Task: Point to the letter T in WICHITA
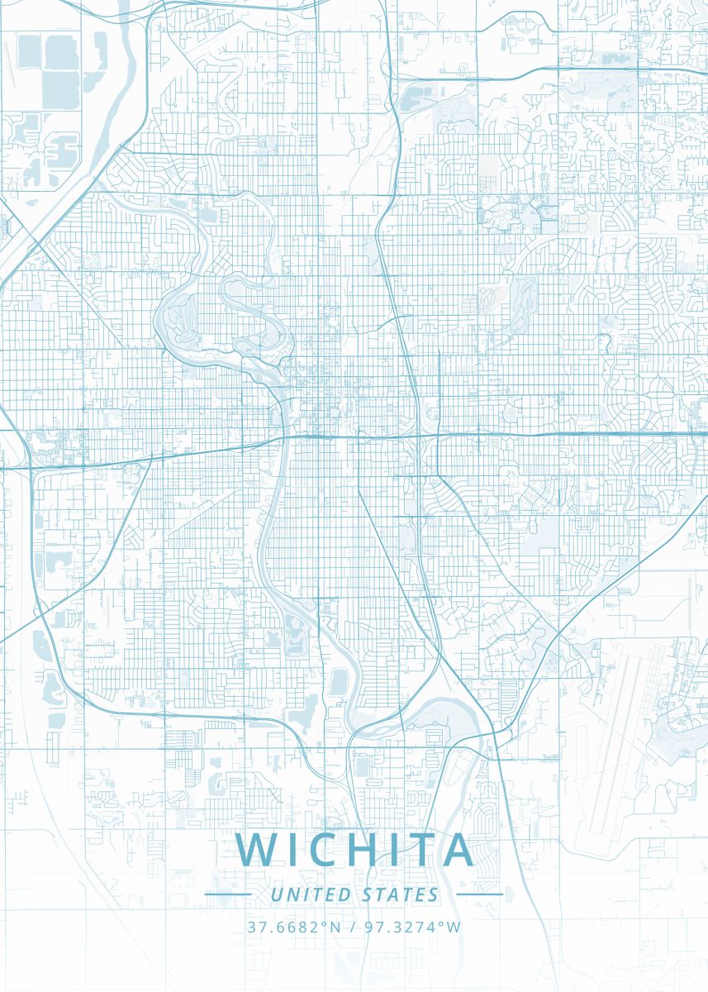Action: tap(421, 850)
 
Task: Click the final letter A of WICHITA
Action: tap(457, 850)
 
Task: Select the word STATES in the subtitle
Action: tap(401, 894)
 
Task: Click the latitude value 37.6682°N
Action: tap(293, 927)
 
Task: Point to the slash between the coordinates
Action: tap(353, 927)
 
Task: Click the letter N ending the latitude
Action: tap(335, 927)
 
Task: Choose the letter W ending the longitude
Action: tap(454, 927)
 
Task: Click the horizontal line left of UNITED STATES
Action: tap(228, 894)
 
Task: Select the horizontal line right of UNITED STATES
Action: tap(479, 894)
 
